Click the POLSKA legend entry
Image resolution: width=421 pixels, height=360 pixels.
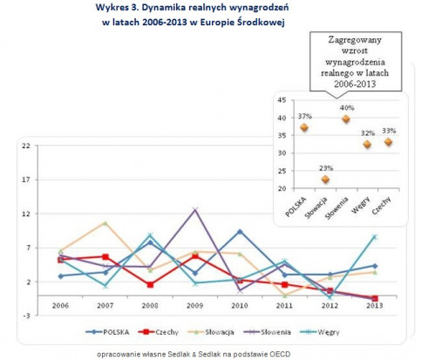click(107, 332)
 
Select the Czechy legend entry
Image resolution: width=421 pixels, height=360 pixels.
click(159, 332)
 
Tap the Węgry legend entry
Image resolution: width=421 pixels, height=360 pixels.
click(319, 332)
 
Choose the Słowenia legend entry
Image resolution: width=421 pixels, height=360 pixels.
click(268, 332)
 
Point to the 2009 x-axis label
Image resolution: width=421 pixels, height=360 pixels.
click(195, 306)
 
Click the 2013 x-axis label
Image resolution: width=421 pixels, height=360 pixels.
click(375, 306)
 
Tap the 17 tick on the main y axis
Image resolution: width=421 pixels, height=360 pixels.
click(26, 180)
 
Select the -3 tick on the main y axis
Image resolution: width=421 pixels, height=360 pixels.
click(26, 316)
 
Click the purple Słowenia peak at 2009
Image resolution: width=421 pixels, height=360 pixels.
click(195, 209)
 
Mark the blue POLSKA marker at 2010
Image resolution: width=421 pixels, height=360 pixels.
click(240, 232)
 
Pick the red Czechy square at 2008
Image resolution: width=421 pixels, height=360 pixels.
click(150, 285)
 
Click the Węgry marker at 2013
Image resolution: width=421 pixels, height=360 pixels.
click(375, 237)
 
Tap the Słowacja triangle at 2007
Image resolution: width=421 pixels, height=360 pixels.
click(105, 223)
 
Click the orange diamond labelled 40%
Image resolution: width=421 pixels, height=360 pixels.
click(346, 119)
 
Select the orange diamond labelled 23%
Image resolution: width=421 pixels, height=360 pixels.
click(325, 180)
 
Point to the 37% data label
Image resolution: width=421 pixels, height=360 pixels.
click(305, 117)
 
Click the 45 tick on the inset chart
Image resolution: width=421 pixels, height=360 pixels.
click(282, 100)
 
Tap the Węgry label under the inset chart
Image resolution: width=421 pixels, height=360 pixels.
click(361, 205)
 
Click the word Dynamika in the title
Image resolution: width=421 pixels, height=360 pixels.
click(163, 8)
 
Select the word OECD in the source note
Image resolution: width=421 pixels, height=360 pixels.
click(281, 354)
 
